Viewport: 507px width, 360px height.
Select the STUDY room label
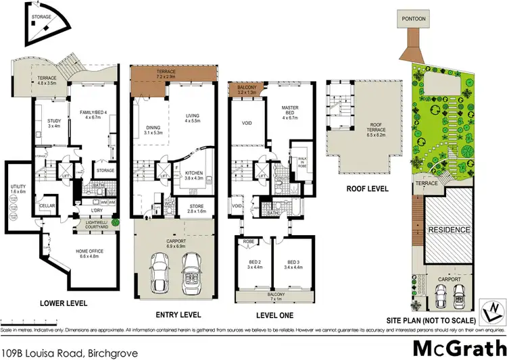[54, 124]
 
